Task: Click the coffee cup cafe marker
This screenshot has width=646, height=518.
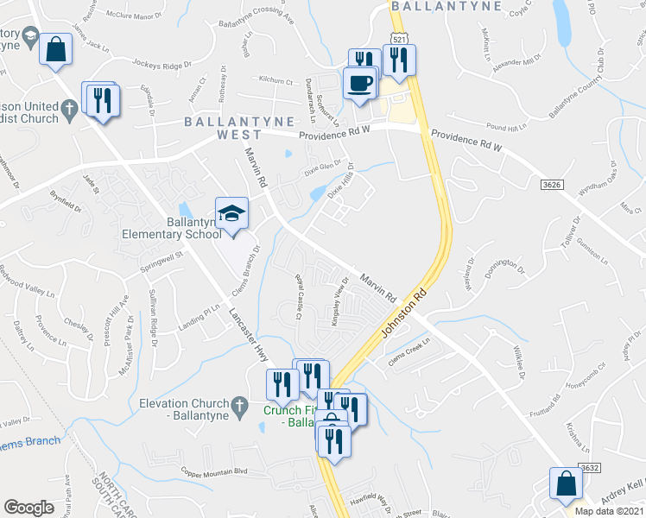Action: [359, 85]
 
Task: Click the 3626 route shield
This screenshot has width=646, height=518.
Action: [552, 184]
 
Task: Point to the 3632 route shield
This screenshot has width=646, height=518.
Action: [589, 467]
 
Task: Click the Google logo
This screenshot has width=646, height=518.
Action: [28, 508]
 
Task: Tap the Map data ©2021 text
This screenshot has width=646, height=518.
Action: [609, 511]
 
